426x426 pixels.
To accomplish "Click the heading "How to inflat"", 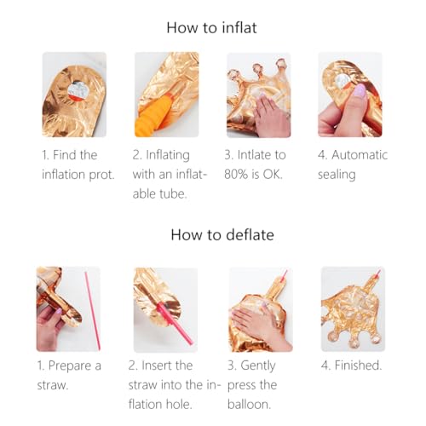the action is [x=211, y=28].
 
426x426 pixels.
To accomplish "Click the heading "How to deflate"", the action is [x=222, y=235].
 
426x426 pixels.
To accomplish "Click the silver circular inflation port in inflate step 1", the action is [x=78, y=90].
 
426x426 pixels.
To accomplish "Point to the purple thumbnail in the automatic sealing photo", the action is [x=360, y=91].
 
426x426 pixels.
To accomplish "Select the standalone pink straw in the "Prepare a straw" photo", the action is [x=92, y=311].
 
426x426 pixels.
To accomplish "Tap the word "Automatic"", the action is [x=360, y=155].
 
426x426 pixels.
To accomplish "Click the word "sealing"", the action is [x=337, y=175].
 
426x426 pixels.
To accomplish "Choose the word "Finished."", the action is [x=358, y=366].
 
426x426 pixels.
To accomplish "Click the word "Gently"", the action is [x=258, y=366].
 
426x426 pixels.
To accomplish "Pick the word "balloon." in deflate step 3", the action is [x=249, y=405].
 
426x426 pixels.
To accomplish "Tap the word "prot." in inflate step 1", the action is [x=101, y=175].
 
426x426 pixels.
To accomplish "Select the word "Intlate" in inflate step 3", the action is [x=254, y=155].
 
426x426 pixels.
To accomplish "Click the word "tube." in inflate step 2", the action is [x=173, y=194].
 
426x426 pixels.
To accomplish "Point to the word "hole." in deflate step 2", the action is [x=179, y=404].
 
